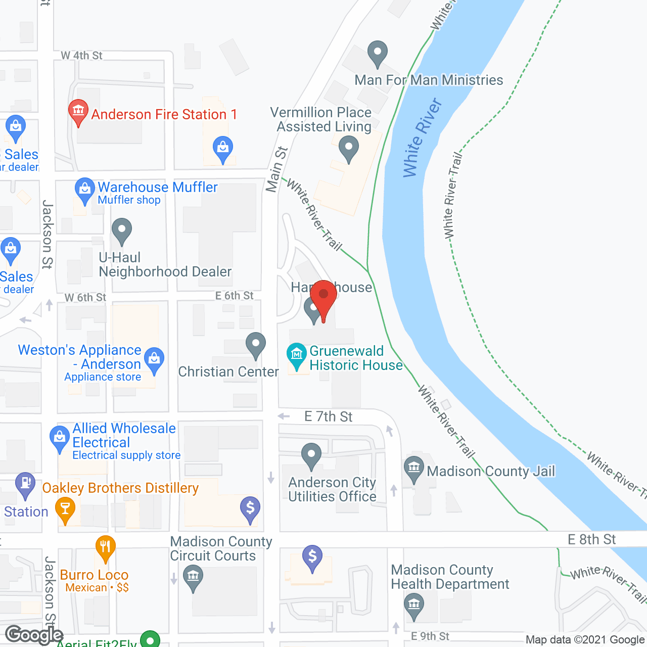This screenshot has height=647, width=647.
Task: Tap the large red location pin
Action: click(323, 296)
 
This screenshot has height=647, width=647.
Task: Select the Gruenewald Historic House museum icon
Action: click(297, 355)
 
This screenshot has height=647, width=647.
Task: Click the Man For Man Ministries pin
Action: click(377, 52)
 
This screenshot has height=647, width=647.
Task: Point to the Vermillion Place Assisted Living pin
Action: click(348, 149)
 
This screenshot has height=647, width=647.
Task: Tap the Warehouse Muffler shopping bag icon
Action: click(84, 189)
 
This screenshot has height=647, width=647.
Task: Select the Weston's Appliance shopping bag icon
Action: click(154, 359)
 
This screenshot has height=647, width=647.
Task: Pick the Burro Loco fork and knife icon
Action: click(105, 547)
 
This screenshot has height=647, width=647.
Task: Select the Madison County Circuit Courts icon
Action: click(193, 577)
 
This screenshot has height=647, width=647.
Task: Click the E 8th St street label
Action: click(591, 539)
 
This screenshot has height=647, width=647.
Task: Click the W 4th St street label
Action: click(81, 56)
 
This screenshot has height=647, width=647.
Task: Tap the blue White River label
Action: click(422, 138)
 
